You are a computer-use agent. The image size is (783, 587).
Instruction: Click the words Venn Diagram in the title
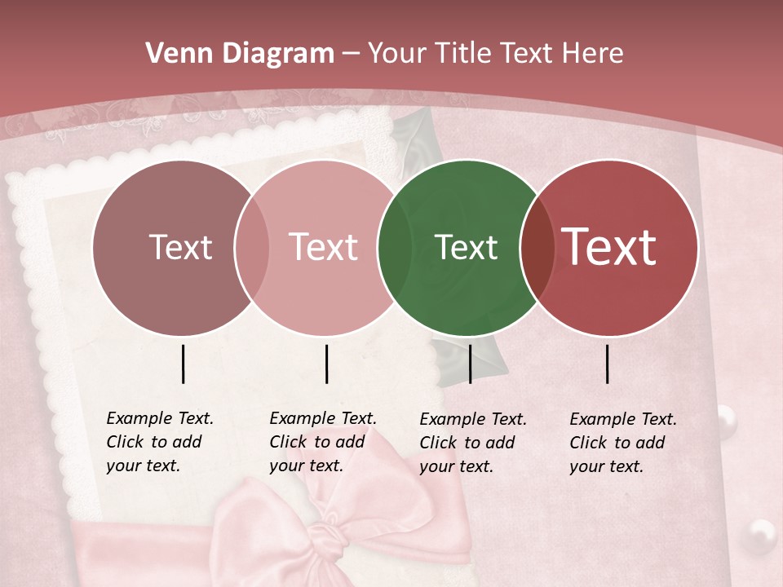coord(240,54)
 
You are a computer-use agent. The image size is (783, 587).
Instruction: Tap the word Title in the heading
coord(464,54)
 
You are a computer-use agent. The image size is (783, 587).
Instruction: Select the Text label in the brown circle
coord(180,247)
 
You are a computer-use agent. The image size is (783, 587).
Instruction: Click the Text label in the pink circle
coord(324,247)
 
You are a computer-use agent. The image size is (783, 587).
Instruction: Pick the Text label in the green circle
coord(466,247)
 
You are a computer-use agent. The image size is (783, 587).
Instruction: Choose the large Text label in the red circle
coord(609,247)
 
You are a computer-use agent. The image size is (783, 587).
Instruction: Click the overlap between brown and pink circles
coord(251,247)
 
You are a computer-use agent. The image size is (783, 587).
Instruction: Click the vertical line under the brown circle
coord(183,364)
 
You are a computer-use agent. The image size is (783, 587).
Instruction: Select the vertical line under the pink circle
coord(326,364)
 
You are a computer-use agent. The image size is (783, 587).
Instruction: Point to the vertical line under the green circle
coord(470,364)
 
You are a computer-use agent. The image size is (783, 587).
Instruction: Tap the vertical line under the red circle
coord(608,364)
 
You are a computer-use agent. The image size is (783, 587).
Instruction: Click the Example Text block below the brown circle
coord(159,442)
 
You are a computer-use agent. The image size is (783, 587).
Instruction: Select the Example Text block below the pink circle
coord(322,442)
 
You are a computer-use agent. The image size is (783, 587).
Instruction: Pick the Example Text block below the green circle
coord(472,443)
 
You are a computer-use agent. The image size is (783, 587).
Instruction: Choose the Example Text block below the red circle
coord(622,443)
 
